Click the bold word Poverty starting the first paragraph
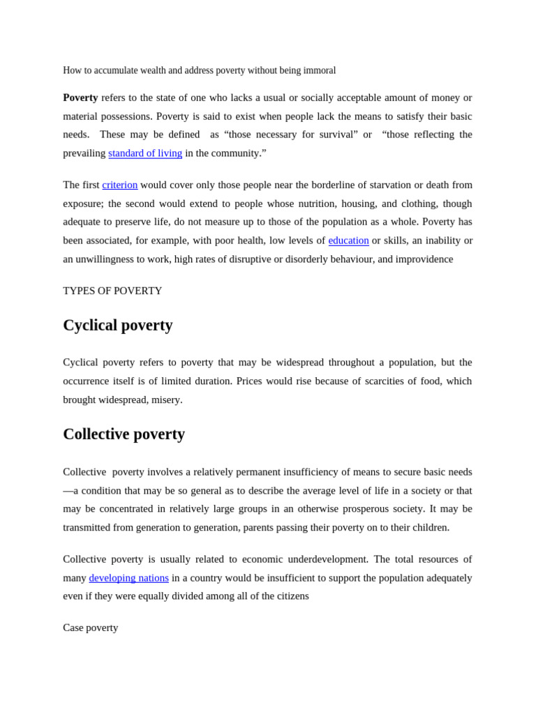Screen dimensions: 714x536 tap(80, 98)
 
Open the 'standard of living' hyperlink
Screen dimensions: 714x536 tap(145, 153)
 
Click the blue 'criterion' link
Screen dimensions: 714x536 tap(120, 185)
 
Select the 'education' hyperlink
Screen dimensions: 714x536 tap(348, 241)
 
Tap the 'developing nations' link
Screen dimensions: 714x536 tap(128, 578)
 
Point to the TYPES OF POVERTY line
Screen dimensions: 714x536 tap(112, 291)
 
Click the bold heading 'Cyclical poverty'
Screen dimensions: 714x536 tap(118, 326)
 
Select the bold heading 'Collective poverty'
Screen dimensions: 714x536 tap(124, 434)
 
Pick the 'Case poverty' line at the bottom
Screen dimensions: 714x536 tap(91, 628)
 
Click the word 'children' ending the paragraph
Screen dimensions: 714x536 tap(428, 527)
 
